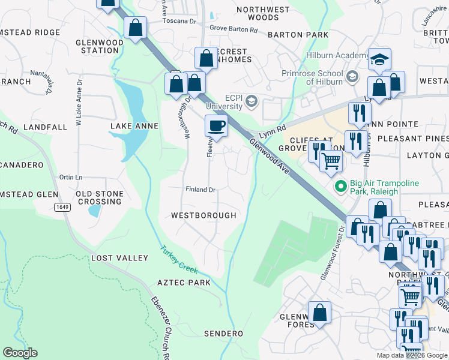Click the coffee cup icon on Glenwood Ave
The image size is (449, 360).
pyautogui.click(x=216, y=126)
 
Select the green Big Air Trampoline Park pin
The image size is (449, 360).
pyautogui.click(x=341, y=187)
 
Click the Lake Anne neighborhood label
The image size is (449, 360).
pyautogui.click(x=134, y=126)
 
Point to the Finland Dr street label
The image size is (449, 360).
pyautogui.click(x=200, y=190)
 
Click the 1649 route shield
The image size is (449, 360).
pyautogui.click(x=62, y=207)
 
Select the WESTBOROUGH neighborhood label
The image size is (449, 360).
pyautogui.click(x=203, y=215)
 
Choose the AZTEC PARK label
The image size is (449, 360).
pyautogui.click(x=184, y=283)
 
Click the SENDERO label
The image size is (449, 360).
pyautogui.click(x=223, y=333)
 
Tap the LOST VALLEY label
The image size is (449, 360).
pyautogui.click(x=119, y=258)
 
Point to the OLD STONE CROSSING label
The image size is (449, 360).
pyautogui.click(x=100, y=197)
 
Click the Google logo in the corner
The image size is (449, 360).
pyautogui.click(x=20, y=353)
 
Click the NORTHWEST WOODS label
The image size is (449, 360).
pyautogui.click(x=263, y=14)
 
